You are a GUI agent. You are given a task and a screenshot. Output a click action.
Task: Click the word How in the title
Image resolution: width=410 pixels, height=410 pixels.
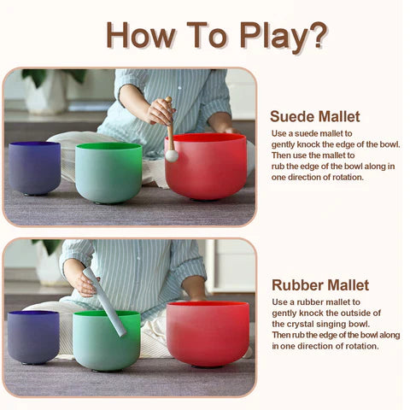coord(137,36)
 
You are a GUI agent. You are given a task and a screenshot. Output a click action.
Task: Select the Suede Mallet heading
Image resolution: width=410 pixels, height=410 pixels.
coord(315,116)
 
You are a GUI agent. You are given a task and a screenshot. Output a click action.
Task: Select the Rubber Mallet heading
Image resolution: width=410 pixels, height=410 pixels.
coord(320,284)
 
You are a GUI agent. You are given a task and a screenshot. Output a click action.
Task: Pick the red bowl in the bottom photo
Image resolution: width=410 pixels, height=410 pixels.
coord(208,332)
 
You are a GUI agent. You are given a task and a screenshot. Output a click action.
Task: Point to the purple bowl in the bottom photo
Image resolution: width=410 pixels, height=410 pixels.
coord(33,336)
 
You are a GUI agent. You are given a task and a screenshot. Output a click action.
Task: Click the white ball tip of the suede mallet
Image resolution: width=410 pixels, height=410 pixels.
coord(172,155)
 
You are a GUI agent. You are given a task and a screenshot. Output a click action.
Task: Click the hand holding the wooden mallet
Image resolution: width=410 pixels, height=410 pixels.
coord(160,112)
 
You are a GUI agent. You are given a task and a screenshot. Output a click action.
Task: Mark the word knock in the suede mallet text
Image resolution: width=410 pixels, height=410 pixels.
coord(321,144)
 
